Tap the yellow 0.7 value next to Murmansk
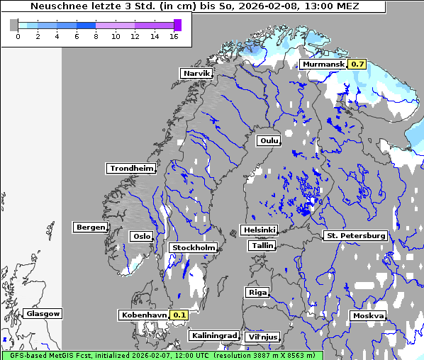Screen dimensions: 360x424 [x=358, y=64]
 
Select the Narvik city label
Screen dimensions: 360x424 [x=196, y=74]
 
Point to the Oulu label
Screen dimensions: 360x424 [x=269, y=141]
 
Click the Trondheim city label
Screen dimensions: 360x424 [x=131, y=169]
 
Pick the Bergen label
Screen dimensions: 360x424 [x=90, y=227]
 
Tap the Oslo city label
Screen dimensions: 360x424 [x=141, y=237]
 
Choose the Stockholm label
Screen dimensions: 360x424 [x=193, y=248]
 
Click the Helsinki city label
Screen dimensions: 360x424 [x=258, y=230]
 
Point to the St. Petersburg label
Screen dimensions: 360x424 [x=355, y=235]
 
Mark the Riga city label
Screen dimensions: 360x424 [x=256, y=292]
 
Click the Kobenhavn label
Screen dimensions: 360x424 [x=144, y=315]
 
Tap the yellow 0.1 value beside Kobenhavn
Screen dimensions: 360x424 [x=179, y=315]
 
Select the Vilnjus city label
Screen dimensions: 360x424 [x=262, y=337]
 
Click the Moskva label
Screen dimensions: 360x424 [x=368, y=315]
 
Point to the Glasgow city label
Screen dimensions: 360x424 [x=43, y=313]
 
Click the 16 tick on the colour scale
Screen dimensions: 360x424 [x=174, y=36]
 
